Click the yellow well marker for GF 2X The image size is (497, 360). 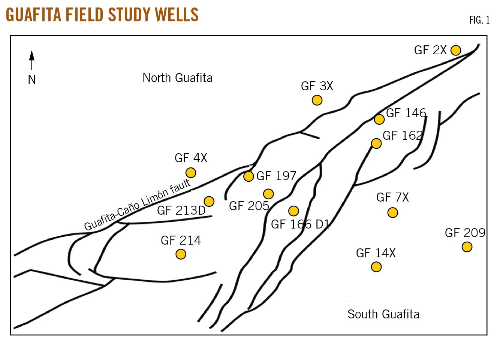pos(456,50)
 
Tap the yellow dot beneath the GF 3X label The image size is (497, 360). pos(317,100)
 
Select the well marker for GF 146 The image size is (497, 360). pos(379,120)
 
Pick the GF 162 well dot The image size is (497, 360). pos(376,143)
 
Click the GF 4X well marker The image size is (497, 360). pos(191,173)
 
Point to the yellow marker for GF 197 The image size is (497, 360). pos(248,176)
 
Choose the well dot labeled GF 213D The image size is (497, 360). pos(209,202)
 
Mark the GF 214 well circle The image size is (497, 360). pos(181,254)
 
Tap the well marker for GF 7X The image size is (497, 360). pos(392,213)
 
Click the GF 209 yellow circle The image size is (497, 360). pos(467,247)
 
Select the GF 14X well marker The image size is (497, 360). pos(376,267)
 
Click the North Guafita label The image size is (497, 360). pos(177,78)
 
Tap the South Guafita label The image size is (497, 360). pos(383,314)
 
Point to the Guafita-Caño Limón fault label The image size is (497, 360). pos(137,205)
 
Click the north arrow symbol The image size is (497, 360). pos(32,60)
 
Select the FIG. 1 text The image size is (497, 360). pos(479,20)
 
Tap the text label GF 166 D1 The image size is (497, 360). pos(300,224)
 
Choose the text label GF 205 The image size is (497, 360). pos(249,206)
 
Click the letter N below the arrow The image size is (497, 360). pos(32,79)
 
